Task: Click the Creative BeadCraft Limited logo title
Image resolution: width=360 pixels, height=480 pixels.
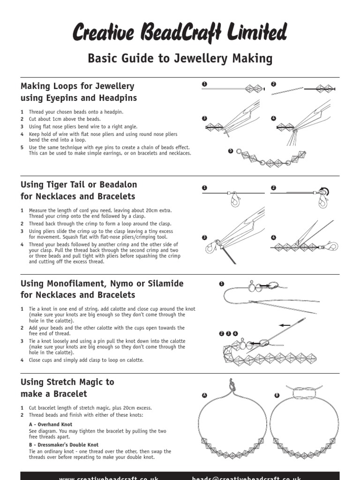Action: pos(180,33)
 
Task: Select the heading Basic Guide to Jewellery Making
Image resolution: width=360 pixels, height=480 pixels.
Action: pos(180,59)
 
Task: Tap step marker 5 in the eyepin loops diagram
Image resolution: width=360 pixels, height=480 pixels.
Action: pos(231,151)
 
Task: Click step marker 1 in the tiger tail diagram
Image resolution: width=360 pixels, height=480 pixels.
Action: pos(204,188)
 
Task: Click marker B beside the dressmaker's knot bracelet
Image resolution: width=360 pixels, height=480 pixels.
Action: pos(277,396)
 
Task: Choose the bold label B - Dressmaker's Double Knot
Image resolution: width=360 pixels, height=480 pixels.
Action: pos(64,445)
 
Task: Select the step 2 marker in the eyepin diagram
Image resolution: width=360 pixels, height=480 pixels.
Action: pos(274,84)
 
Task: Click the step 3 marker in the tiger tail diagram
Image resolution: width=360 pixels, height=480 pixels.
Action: pos(204,238)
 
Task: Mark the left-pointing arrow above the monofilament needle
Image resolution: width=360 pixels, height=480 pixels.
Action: pos(285,324)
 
